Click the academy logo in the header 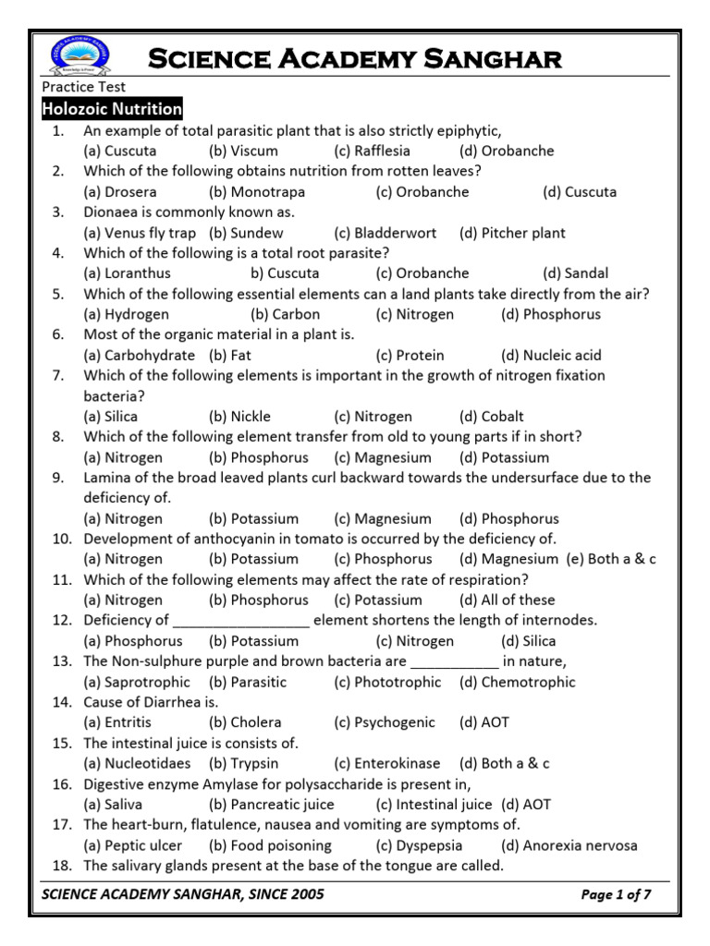[80, 57]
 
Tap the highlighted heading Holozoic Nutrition [112, 109]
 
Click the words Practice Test [84, 88]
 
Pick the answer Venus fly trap [140, 233]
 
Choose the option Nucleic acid [551, 355]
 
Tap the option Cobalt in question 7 [491, 417]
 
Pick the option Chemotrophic [517, 682]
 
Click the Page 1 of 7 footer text [617, 894]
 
